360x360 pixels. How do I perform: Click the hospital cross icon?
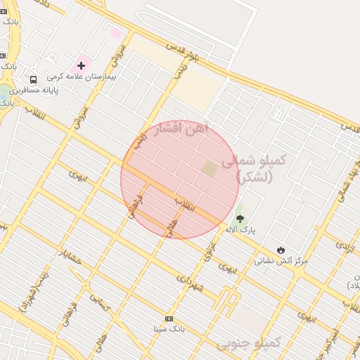click(81, 65)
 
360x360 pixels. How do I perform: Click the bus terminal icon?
click(33, 79)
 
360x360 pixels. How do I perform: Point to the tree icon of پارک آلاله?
click(240, 218)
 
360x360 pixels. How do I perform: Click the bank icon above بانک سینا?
click(168, 319)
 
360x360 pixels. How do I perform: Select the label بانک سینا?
click(169, 328)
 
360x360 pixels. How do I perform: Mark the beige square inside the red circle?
click(210, 169)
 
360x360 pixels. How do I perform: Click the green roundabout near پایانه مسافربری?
click(5, 94)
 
